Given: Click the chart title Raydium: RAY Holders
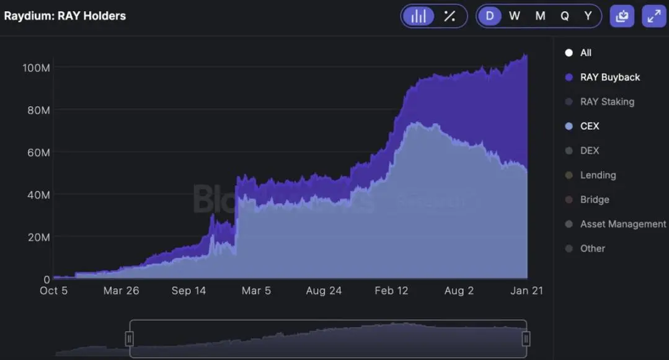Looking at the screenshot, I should (x=65, y=16).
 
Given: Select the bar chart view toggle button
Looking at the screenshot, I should (x=419, y=16).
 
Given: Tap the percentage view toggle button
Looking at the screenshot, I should (x=450, y=16).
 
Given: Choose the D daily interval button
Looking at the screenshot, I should (x=490, y=16).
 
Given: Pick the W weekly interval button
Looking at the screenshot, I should (x=514, y=16).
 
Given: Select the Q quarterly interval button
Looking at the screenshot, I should (x=565, y=16).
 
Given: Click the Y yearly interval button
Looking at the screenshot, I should (x=588, y=16).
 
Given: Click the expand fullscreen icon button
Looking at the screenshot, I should (x=654, y=16).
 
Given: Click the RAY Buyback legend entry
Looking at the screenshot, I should (x=609, y=77).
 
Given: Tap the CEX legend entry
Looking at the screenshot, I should (x=589, y=126).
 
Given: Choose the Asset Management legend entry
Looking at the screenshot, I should (x=622, y=224).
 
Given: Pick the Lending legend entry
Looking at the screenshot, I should (x=598, y=175).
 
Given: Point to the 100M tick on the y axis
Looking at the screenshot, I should (x=36, y=67).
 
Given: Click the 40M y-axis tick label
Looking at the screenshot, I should (x=38, y=195).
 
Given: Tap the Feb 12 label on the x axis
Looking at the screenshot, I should (x=391, y=291).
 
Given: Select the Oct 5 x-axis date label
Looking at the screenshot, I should (x=54, y=291).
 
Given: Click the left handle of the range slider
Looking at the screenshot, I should (x=130, y=338).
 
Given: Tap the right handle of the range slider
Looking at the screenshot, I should (x=526, y=338).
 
